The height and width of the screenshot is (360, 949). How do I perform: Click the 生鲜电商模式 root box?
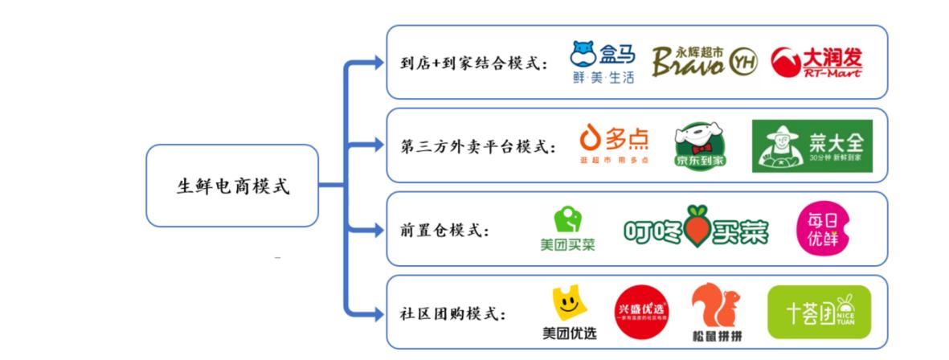[232, 186]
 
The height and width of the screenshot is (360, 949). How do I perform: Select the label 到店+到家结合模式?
[474, 63]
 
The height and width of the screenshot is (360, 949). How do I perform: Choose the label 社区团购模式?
[454, 313]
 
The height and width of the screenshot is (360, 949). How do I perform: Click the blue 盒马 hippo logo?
[602, 63]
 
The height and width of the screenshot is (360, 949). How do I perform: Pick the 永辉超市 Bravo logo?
[703, 62]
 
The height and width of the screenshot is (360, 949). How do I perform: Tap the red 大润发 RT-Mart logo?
[816, 63]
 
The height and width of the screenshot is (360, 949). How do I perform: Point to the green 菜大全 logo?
[812, 145]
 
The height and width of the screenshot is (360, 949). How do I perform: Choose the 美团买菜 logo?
[567, 229]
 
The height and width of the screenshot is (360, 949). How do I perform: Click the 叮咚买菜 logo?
[695, 230]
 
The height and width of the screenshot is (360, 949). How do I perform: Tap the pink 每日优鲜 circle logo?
[822, 228]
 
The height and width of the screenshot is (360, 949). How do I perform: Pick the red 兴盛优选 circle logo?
[640, 313]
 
